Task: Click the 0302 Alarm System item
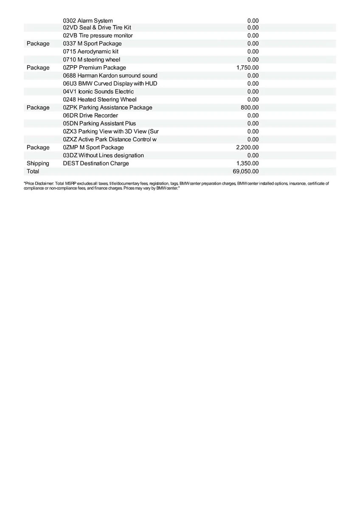(88, 21)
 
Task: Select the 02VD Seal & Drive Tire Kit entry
(97, 28)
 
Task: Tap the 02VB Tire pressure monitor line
(98, 36)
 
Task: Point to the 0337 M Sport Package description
(92, 44)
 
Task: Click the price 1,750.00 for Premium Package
(247, 67)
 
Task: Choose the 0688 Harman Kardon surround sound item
(110, 76)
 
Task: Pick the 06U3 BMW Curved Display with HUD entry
(110, 84)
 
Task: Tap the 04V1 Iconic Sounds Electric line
(98, 92)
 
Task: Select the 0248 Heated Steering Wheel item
(100, 100)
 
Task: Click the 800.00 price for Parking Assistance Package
(250, 108)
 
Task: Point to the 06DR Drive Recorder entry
(90, 115)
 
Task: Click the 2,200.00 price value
(247, 147)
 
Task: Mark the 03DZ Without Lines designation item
(103, 155)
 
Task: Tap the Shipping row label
(38, 163)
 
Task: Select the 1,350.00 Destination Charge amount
(247, 163)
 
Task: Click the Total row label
(33, 171)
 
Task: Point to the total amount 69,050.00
(246, 171)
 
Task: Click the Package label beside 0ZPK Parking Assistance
(38, 108)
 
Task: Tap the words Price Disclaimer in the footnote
(39, 184)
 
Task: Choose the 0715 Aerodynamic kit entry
(90, 52)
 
